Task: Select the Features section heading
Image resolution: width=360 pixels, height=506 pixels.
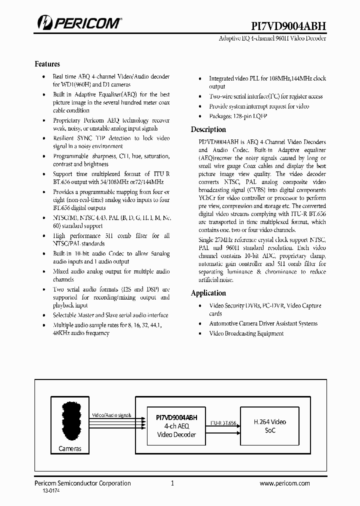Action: point(47,64)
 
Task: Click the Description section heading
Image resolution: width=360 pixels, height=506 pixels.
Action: point(208,129)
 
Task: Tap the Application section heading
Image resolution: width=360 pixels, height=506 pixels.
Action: point(208,293)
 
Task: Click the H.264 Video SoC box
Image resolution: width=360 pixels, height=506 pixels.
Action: point(270,426)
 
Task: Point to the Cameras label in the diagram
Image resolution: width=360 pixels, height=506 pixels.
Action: point(70,448)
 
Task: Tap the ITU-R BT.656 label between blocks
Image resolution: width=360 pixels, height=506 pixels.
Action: point(222,422)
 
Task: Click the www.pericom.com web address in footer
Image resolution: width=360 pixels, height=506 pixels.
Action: point(285,483)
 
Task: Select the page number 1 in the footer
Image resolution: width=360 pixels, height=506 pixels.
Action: point(172,483)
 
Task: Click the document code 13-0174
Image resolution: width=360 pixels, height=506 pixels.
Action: point(50,492)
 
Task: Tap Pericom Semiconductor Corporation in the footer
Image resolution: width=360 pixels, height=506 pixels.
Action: point(82,483)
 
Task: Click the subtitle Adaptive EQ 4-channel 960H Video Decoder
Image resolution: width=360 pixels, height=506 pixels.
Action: point(273,38)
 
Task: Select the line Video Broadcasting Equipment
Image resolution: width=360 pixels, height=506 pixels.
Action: point(246,333)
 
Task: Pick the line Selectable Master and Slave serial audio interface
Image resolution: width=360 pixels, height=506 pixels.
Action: point(110,315)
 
